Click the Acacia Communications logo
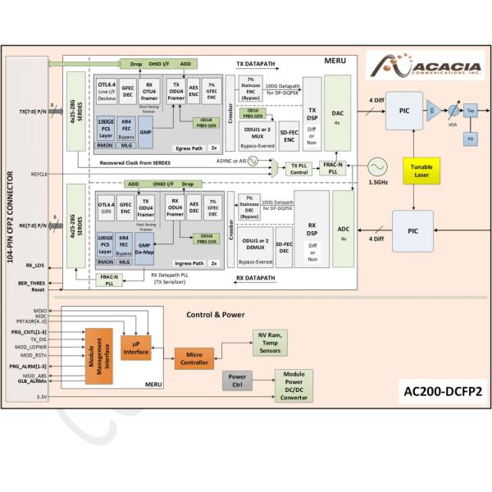[416, 65]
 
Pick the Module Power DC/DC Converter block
[294, 385]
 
